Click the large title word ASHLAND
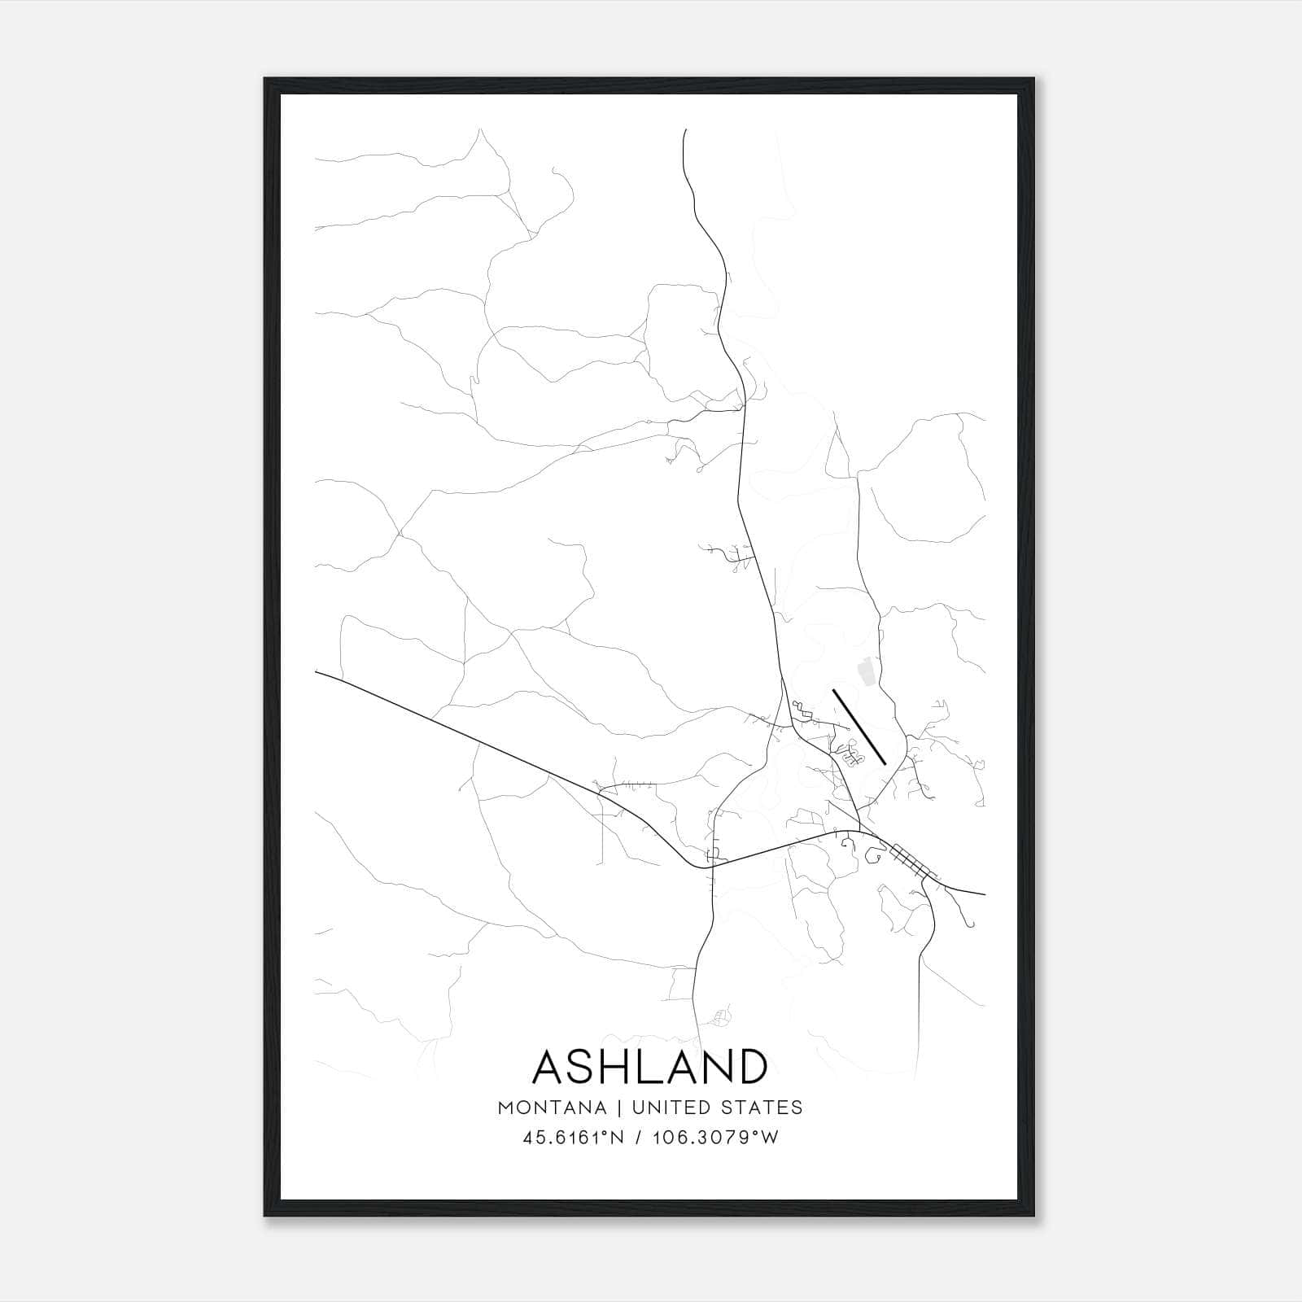click(650, 1067)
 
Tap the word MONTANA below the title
click(552, 1108)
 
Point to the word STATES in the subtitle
click(762, 1108)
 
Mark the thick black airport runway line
click(859, 727)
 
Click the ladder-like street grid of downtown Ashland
click(912, 861)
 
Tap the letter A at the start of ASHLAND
click(551, 1067)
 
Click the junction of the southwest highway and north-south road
click(713, 866)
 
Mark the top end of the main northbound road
click(684, 130)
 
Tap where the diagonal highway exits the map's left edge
click(317, 672)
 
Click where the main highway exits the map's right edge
click(984, 893)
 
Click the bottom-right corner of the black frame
click(1033, 1215)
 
